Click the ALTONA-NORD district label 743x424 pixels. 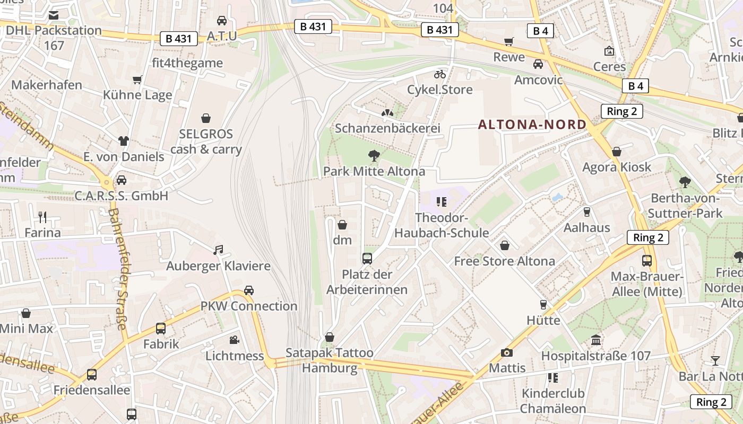tap(532, 125)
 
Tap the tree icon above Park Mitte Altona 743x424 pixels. tap(374, 156)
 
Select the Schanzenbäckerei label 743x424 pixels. tap(388, 128)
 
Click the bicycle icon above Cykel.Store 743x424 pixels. tap(440, 74)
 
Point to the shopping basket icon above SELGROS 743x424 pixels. tap(206, 118)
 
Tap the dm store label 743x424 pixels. tap(342, 240)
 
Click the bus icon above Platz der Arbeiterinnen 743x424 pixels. tap(367, 259)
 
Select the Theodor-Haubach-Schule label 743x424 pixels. tap(442, 226)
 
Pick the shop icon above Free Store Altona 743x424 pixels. tap(505, 245)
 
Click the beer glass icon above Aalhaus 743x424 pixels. tap(586, 212)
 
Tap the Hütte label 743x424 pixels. tap(543, 320)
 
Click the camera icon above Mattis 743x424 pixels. tap(507, 352)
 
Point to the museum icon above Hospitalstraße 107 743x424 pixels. tap(595, 340)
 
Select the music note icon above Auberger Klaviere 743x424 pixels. tap(218, 250)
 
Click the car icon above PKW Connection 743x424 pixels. tap(249, 290)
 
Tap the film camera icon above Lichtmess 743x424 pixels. tap(234, 340)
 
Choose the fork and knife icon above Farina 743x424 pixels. tap(42, 217)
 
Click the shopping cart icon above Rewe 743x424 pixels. tap(509, 41)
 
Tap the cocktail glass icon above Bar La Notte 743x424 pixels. tap(715, 361)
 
